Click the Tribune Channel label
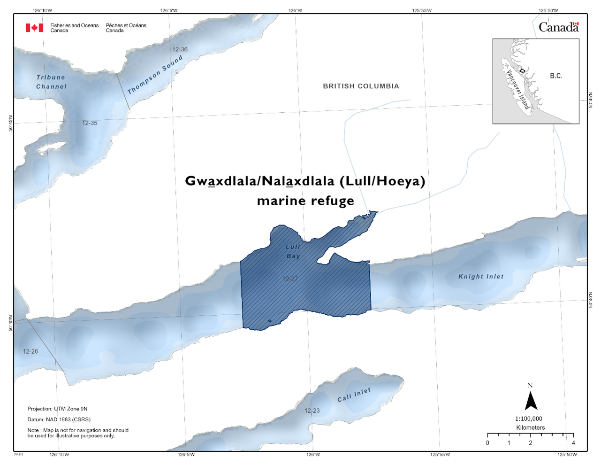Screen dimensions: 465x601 [51, 82]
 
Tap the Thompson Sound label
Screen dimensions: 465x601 [155, 75]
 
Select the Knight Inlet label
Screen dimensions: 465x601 [481, 277]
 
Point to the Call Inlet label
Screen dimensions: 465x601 [354, 395]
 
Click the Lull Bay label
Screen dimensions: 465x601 [293, 251]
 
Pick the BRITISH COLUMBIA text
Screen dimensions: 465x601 [361, 86]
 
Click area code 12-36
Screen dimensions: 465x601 [180, 49]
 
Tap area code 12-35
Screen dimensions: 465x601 [90, 123]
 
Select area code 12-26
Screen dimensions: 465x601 [30, 351]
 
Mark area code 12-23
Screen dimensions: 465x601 [312, 411]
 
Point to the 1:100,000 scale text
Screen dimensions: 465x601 [529, 418]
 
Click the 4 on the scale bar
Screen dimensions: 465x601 [573, 442]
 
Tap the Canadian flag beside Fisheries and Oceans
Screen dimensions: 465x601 [34, 28]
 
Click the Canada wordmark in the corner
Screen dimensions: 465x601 [558, 27]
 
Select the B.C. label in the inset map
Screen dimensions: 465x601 [556, 76]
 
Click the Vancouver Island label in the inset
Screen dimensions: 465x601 [518, 90]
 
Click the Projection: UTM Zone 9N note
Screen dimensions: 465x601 [57, 409]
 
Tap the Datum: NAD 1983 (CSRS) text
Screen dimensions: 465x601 [59, 419]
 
